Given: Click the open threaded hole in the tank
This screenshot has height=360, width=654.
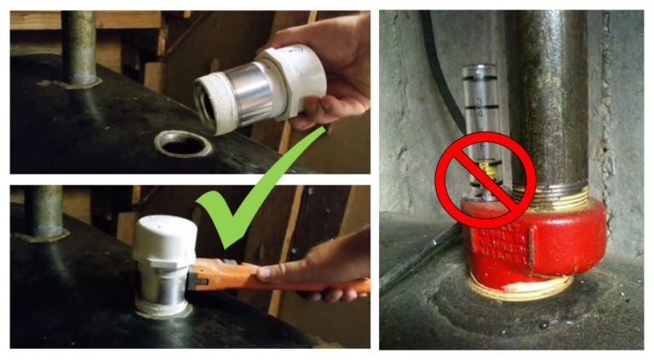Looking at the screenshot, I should [182, 144].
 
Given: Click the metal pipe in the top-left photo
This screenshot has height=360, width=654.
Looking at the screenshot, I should [82, 47].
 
